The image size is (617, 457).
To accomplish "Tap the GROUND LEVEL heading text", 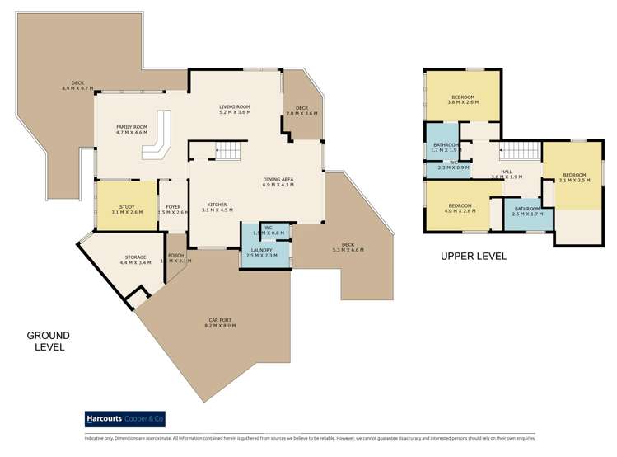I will (x=48, y=342).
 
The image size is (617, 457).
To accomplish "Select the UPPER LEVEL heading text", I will (x=473, y=257).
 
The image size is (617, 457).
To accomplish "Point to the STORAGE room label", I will (x=135, y=260).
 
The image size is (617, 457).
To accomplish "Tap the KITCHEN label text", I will (x=217, y=207).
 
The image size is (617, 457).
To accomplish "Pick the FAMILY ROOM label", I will (x=131, y=129).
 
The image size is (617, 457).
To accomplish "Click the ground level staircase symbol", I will (x=229, y=151).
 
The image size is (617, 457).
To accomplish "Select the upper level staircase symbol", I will (x=520, y=151).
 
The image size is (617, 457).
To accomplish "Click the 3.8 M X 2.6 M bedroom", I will (x=463, y=100).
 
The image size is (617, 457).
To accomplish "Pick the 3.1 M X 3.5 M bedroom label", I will (x=574, y=177).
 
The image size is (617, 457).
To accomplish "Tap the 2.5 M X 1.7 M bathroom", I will (x=526, y=211).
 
